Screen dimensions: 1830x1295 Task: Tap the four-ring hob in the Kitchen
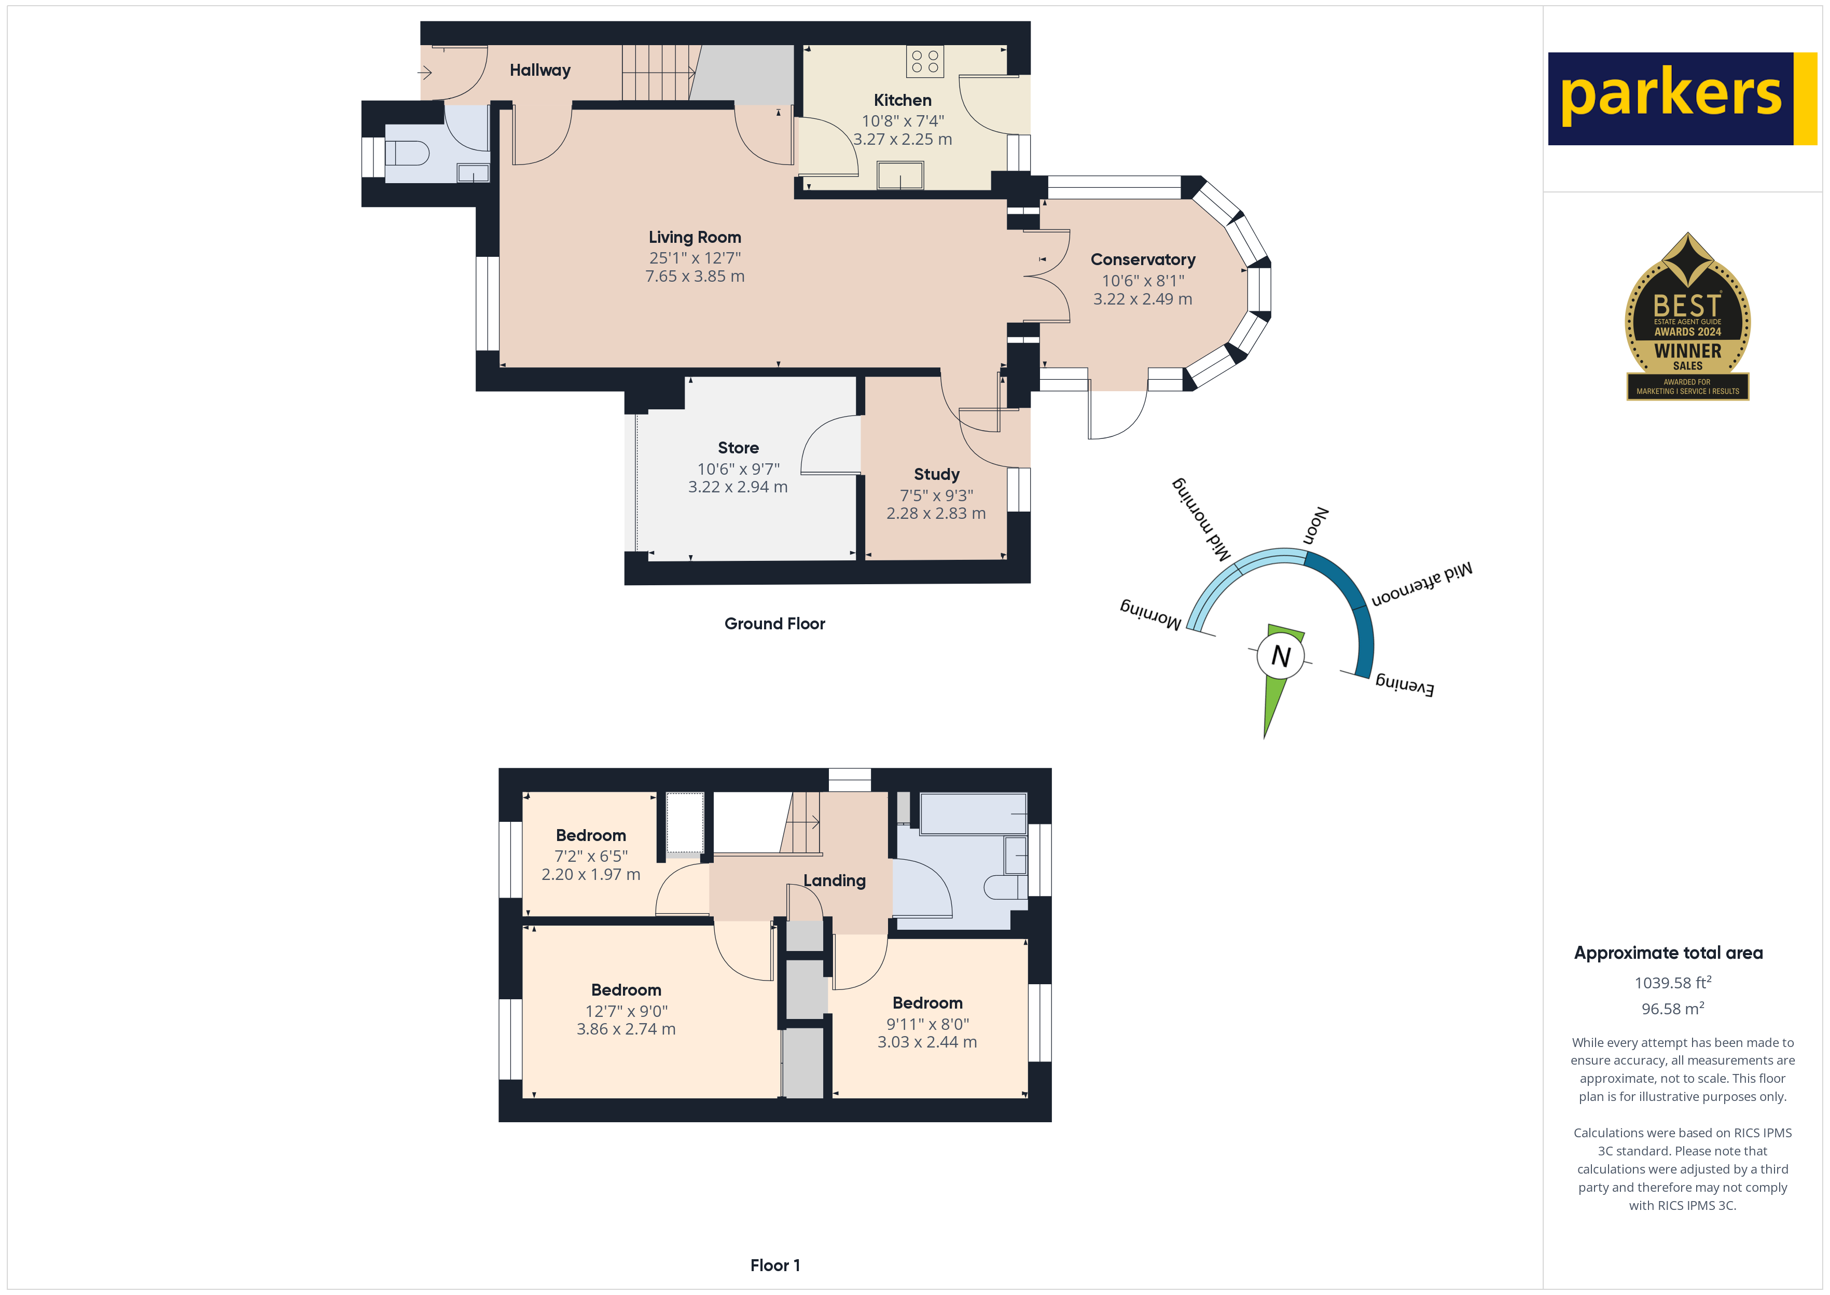924,61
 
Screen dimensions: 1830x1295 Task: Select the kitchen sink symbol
900,175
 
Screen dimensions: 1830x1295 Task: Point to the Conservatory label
1142,259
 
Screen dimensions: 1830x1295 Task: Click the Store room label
738,448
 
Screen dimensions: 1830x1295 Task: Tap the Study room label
936,474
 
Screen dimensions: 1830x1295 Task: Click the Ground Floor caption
775,624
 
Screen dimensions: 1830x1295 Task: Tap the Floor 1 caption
775,1265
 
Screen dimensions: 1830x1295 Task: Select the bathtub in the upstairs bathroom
973,814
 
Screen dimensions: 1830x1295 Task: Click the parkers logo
1682,99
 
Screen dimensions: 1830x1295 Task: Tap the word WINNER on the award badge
1687,351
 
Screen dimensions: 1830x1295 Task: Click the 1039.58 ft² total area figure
1673,983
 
